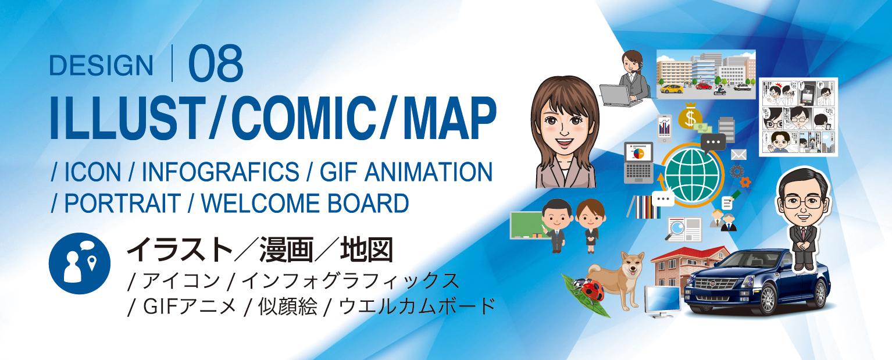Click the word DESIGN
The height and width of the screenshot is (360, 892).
click(101, 66)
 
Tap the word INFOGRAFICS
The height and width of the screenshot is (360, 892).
click(220, 172)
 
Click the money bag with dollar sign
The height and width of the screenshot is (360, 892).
click(690, 116)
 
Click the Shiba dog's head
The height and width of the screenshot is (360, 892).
click(630, 266)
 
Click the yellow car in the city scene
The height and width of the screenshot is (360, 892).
click(671, 88)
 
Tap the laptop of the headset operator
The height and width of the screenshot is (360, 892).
click(618, 95)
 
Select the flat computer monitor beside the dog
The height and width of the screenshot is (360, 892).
click(661, 300)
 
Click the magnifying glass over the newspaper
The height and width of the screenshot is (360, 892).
click(676, 225)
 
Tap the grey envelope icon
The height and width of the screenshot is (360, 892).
click(738, 154)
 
